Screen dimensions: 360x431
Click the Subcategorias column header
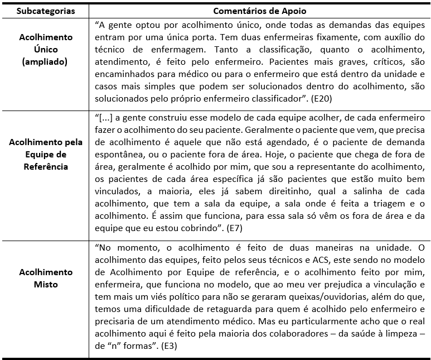click(45, 11)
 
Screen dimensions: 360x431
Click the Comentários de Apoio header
click(259, 11)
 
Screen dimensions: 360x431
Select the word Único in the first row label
click(45, 49)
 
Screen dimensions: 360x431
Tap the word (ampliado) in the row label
click(45, 61)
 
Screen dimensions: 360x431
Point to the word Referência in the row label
click(45, 166)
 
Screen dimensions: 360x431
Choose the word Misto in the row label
click(45, 285)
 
